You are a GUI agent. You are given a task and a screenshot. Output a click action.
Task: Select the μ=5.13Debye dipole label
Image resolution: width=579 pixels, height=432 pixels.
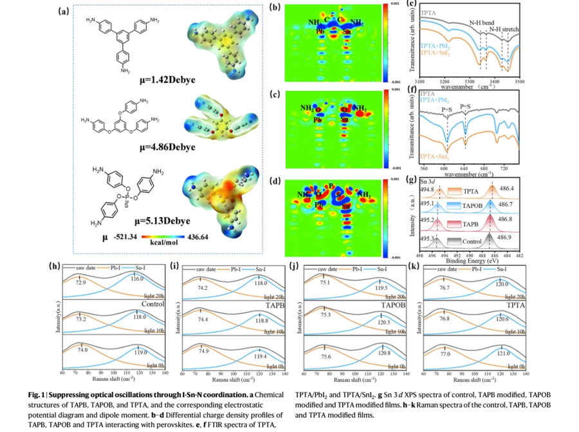(x=166, y=220)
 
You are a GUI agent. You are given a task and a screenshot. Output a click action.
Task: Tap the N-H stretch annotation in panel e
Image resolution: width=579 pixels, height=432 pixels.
(x=504, y=30)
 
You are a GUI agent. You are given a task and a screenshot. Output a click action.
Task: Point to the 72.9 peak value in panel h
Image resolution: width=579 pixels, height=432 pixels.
(x=81, y=282)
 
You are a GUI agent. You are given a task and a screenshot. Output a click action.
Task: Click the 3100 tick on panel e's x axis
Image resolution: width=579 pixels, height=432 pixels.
(x=419, y=82)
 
